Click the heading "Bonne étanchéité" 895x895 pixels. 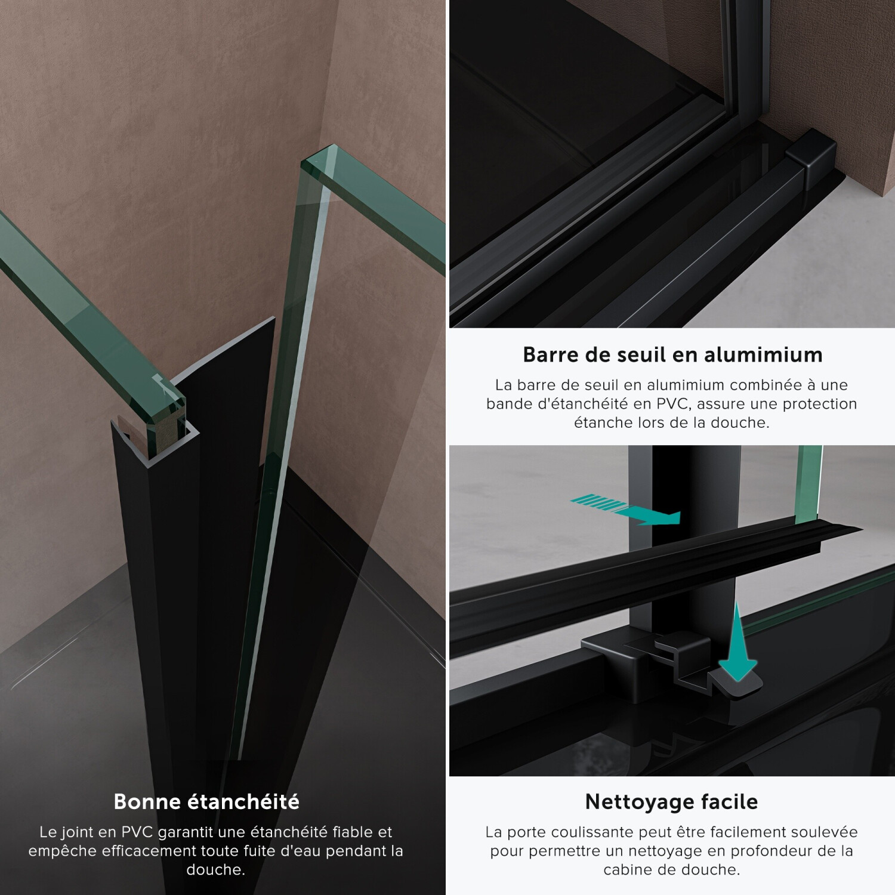[x=206, y=801]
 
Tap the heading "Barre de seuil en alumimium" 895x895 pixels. [x=672, y=354]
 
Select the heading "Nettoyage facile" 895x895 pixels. [x=671, y=801]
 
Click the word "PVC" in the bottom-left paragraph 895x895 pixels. [x=138, y=832]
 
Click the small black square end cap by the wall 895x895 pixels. [x=807, y=159]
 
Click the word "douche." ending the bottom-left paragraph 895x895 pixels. [x=216, y=869]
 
